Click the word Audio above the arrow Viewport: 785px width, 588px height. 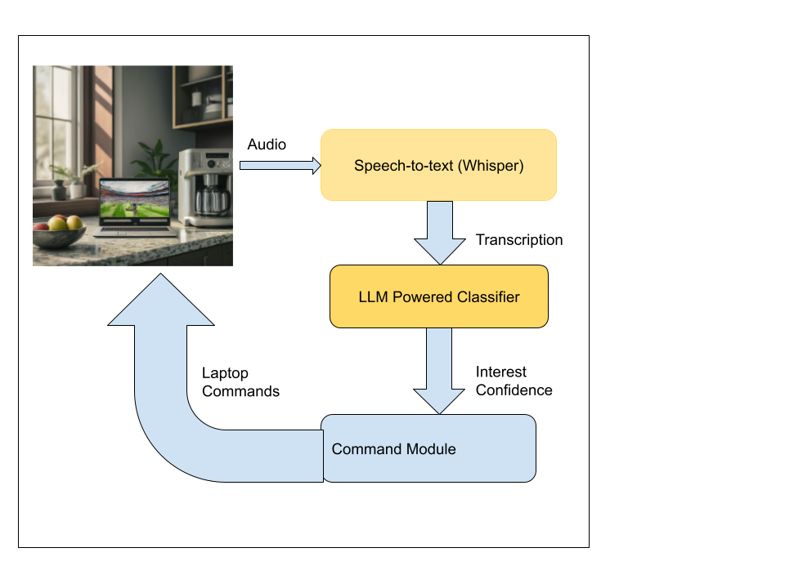tap(267, 145)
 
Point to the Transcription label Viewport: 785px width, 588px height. tap(519, 240)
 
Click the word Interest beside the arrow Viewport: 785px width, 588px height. tap(501, 372)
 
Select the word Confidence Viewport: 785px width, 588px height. tap(514, 390)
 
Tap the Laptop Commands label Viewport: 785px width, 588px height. tap(240, 382)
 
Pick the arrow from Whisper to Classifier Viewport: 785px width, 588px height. tap(440, 233)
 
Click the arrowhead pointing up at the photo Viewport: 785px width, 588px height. tap(160, 302)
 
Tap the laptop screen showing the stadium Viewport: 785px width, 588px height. tap(135, 202)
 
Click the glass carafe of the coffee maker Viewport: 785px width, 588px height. tap(211, 198)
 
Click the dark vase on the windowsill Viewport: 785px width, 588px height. tap(59, 190)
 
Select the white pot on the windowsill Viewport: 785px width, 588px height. tap(78, 189)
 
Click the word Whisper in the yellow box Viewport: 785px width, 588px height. tap(490, 166)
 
